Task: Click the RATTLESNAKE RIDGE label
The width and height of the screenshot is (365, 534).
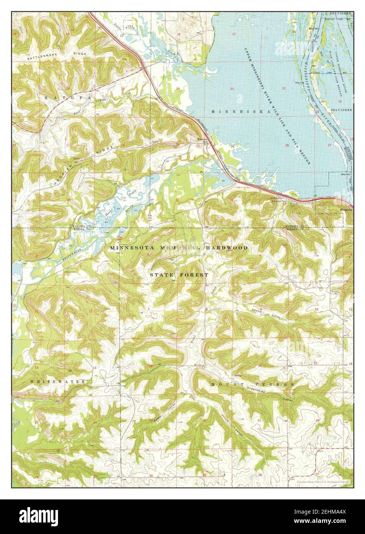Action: pos(65,53)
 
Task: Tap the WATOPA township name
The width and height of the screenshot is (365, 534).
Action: pos(68,98)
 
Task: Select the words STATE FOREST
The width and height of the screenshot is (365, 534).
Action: pos(179,275)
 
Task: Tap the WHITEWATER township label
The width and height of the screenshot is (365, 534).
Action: pos(57,381)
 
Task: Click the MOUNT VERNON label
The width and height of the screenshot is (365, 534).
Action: pos(252,384)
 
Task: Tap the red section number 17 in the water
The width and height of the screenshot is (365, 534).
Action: pos(234,35)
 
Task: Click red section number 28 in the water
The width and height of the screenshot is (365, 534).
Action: pos(287,145)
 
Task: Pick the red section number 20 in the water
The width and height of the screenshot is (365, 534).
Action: pos(231,89)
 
